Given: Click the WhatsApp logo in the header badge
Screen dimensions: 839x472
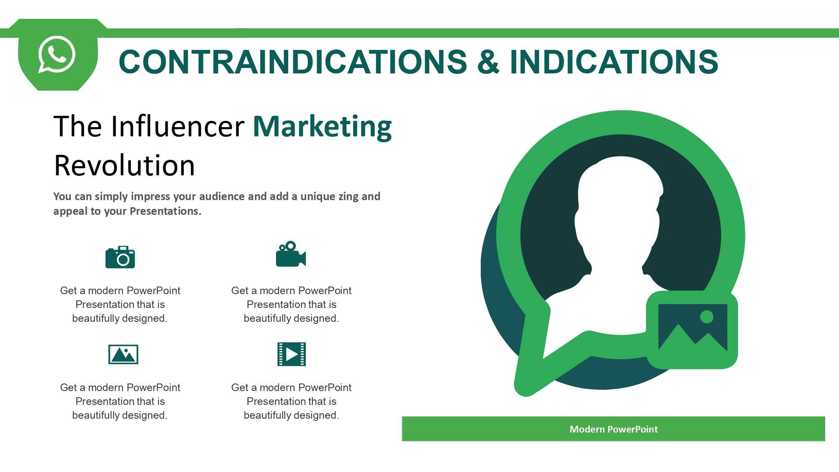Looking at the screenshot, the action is pos(57,55).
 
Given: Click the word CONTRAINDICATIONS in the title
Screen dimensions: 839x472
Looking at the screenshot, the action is pos(293,62).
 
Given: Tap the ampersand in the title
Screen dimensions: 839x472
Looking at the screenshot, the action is pos(488,62).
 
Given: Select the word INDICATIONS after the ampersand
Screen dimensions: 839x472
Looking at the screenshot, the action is pos(614,62).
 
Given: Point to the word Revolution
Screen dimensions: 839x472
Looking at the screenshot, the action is pos(125,165).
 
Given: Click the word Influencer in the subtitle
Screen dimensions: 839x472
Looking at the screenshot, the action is pos(177,126).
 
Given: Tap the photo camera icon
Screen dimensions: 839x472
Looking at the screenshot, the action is pos(120,257).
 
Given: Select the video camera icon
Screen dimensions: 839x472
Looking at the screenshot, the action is pos(291,254).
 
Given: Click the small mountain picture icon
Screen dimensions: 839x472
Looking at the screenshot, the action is pos(123,355).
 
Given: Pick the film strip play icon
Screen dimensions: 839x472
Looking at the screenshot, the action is pos(292,354).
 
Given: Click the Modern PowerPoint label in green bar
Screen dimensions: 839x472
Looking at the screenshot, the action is pos(613,429).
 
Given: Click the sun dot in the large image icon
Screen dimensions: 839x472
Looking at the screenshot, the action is pos(706,317).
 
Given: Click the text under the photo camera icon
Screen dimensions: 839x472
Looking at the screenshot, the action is pos(120,304).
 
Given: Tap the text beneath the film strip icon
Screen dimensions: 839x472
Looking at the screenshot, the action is pos(291,401).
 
